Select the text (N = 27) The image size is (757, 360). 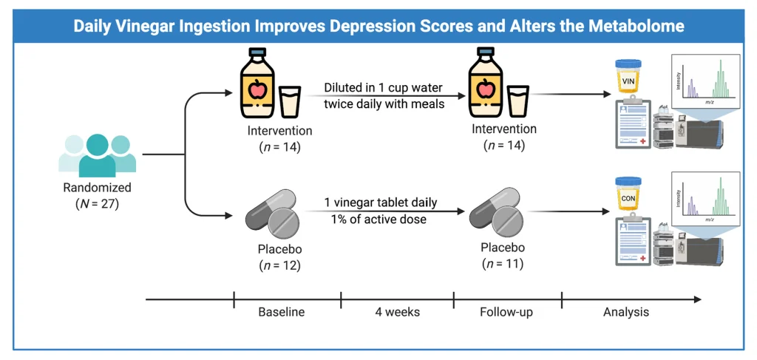point(98,204)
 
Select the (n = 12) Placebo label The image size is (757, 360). point(280,265)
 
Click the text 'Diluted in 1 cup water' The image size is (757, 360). point(384,88)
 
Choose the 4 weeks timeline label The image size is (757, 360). point(397,312)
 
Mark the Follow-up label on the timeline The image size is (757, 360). point(508,312)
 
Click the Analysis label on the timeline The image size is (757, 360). point(625,312)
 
